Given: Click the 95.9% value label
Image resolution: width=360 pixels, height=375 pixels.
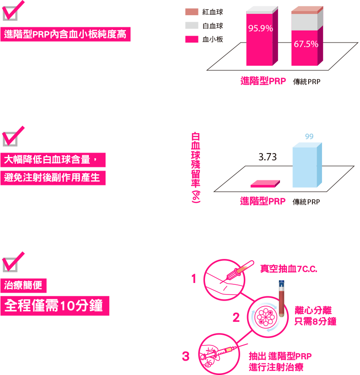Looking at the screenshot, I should pos(261,28).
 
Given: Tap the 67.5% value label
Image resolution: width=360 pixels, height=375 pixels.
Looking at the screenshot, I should pos(306,44).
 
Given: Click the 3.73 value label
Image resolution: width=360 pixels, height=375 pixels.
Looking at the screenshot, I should pos(267,157).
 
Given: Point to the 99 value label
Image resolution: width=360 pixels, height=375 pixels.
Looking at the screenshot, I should pos(309,136).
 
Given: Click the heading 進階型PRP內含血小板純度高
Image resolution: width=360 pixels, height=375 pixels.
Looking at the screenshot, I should pos(65,34).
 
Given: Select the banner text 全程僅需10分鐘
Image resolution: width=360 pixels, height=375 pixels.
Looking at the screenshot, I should pos(55,306).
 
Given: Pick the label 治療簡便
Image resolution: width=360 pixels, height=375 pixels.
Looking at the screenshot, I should pos(23,285).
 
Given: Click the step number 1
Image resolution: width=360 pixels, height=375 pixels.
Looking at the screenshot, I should pos(193,279).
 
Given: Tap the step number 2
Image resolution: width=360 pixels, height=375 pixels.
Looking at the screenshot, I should pos(236,318).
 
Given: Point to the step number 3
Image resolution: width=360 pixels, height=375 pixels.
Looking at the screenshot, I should pos(186,357).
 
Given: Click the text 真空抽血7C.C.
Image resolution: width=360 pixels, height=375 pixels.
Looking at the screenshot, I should pos(288,269).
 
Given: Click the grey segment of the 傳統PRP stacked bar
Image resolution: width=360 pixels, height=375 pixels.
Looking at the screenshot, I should pos(304,22).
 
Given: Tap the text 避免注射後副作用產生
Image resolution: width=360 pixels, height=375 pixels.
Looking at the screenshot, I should pos(53,178).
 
